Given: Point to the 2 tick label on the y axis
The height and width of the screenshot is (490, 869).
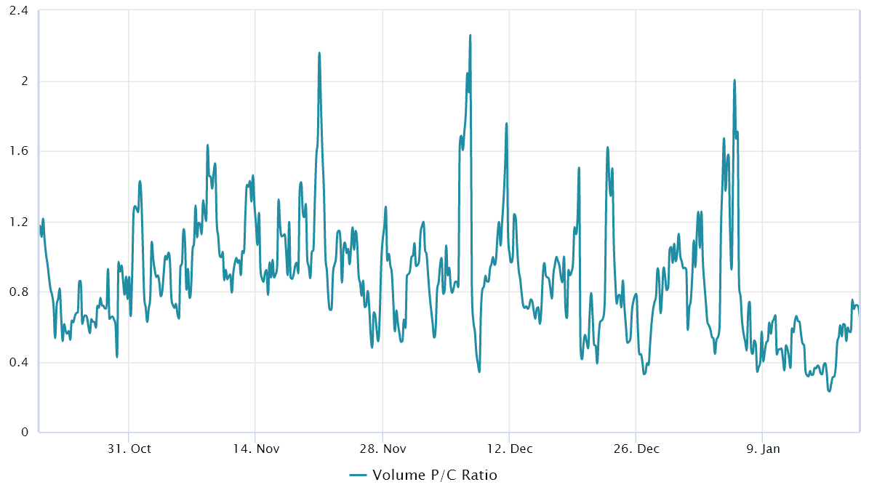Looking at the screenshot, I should coord(23,81).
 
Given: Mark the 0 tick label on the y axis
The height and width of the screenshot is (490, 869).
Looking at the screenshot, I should coord(23,433).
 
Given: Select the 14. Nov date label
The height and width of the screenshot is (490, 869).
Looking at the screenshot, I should coord(255,449).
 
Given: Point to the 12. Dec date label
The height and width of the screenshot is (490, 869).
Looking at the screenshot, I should coord(509,449).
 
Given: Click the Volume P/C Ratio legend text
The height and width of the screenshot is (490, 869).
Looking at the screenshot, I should coord(435,475).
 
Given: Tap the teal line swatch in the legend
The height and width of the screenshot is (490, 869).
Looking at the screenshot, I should coord(358,475).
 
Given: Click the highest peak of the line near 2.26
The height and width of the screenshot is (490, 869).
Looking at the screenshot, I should coord(470,35).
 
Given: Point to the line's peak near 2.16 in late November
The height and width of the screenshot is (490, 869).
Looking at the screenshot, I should coord(319,53).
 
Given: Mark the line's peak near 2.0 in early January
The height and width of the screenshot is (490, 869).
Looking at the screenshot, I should coord(734,80).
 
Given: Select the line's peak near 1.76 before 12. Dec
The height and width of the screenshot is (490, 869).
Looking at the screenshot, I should coord(506,124).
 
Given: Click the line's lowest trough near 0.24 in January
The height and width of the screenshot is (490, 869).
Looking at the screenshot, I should coord(829,391).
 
